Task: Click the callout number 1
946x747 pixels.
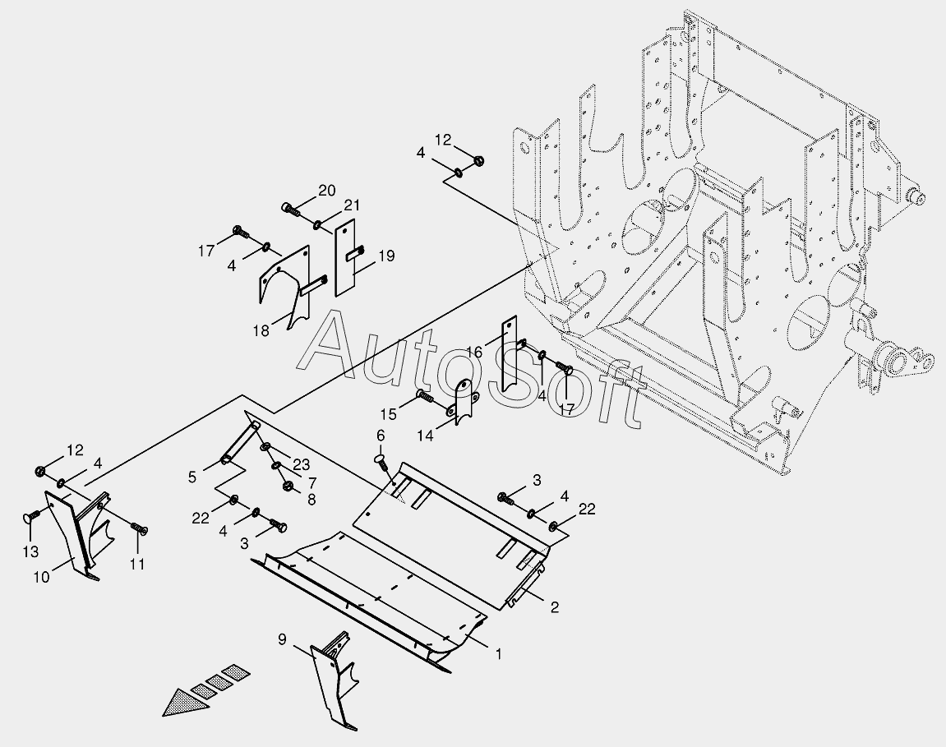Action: click(497, 654)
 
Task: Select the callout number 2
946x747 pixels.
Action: click(554, 608)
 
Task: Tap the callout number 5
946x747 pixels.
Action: click(192, 476)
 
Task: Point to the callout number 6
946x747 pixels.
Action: click(381, 435)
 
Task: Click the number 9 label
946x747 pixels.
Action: click(282, 639)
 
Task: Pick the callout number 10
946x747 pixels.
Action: click(41, 576)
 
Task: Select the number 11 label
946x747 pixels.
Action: click(136, 564)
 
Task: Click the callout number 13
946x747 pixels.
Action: click(30, 550)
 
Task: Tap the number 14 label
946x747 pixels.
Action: click(425, 436)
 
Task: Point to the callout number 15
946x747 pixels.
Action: click(389, 413)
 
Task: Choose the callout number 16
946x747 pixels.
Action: click(473, 353)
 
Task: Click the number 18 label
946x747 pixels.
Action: click(261, 330)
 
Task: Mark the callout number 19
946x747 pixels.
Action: click(385, 256)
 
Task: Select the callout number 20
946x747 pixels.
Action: click(326, 191)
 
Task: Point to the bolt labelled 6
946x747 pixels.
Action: click(382, 460)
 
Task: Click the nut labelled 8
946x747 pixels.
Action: click(288, 487)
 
